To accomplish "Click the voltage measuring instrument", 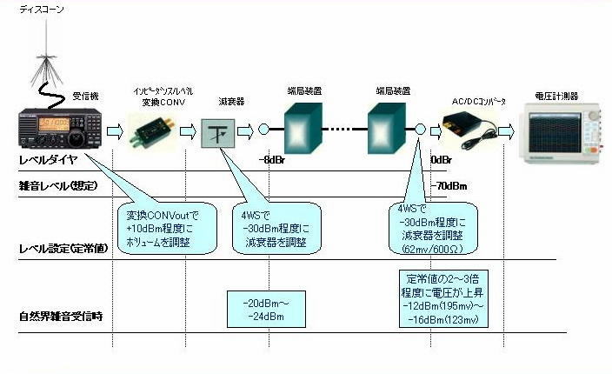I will pos(562,130).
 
